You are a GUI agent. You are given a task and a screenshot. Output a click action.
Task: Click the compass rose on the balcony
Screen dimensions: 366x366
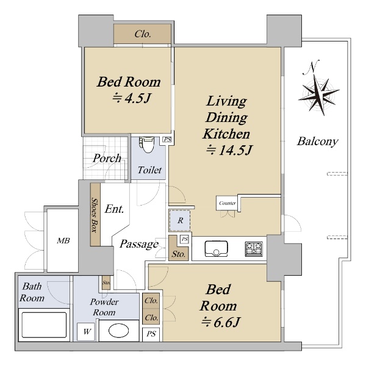[x=319, y=94]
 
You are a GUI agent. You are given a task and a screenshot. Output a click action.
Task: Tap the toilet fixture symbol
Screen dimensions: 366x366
[x=147, y=145]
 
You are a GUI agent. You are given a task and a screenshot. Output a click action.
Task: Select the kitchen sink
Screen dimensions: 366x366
[x=216, y=249]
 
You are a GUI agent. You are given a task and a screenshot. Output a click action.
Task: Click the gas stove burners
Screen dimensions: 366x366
[x=254, y=249]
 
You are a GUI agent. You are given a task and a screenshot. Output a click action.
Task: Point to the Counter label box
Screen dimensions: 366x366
[x=228, y=203]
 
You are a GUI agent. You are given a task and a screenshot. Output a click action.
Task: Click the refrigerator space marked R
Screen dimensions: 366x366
[x=180, y=220]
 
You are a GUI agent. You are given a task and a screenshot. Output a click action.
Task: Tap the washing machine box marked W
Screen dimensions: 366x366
[x=86, y=331]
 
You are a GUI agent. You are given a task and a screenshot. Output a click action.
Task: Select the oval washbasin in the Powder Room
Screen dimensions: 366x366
[x=118, y=331]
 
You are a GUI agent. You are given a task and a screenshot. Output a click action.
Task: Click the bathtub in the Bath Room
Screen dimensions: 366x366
[x=44, y=325]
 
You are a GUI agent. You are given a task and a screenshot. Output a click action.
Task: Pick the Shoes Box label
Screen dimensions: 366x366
[x=95, y=215]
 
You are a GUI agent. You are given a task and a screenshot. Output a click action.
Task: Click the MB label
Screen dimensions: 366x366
[x=63, y=241]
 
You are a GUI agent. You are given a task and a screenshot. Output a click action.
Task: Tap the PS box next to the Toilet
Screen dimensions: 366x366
[x=167, y=140]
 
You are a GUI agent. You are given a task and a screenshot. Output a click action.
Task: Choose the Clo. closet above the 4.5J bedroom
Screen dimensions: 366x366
[x=142, y=34]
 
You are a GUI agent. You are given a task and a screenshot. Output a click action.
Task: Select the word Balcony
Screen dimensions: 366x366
[x=317, y=142]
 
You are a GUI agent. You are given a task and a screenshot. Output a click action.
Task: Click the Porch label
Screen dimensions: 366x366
[x=107, y=158]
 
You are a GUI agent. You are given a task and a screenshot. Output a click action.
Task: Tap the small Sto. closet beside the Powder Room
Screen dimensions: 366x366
[x=106, y=282]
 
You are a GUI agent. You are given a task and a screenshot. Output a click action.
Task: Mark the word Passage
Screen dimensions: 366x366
[x=139, y=245]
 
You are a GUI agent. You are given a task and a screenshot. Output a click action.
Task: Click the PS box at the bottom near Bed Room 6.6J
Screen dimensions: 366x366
[x=151, y=334]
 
